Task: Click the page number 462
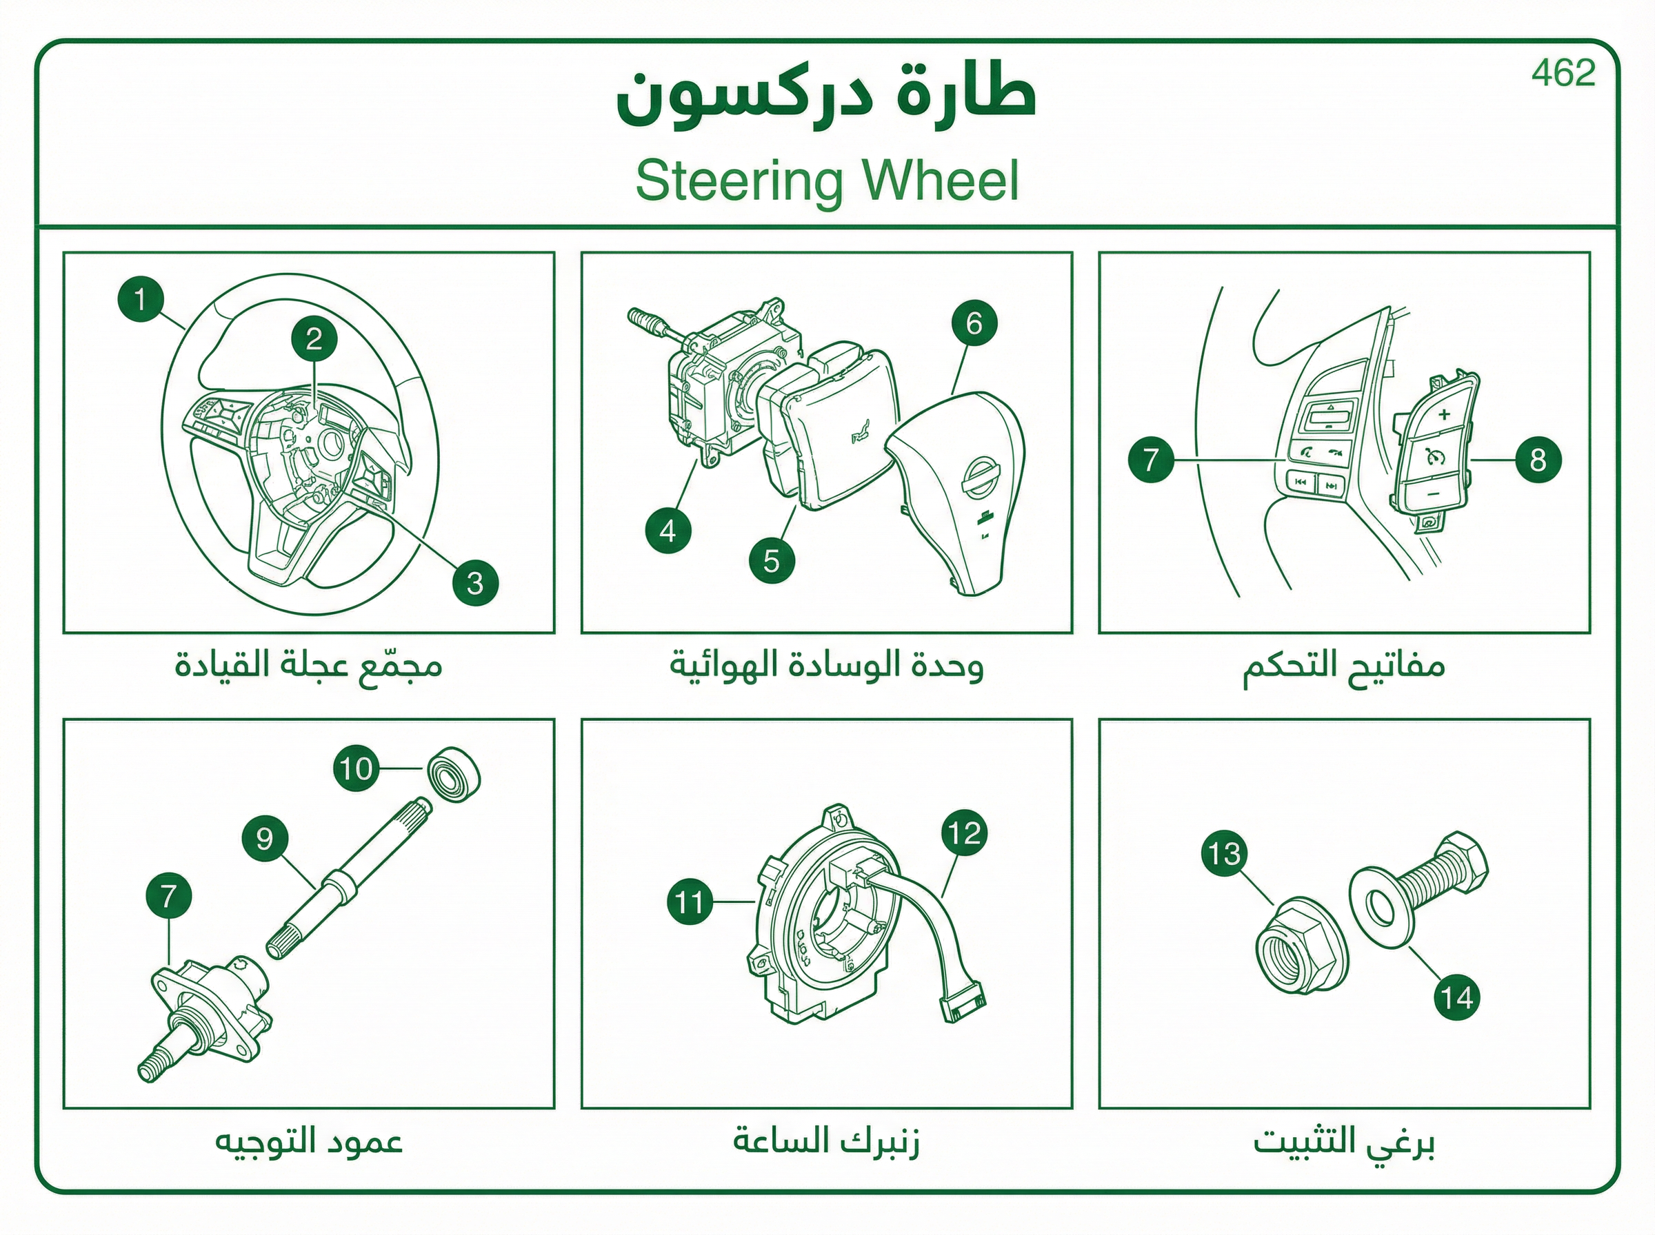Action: [x=1563, y=72]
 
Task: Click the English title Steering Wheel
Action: [x=827, y=180]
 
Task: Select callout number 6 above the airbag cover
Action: [x=974, y=323]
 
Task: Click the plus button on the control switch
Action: [x=1443, y=414]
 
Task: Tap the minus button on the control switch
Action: [x=1433, y=494]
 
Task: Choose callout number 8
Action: [x=1538, y=459]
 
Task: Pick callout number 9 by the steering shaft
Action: [x=265, y=838]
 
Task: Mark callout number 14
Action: [x=1457, y=997]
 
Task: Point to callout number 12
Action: [x=965, y=833]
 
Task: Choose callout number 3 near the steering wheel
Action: [x=475, y=583]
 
